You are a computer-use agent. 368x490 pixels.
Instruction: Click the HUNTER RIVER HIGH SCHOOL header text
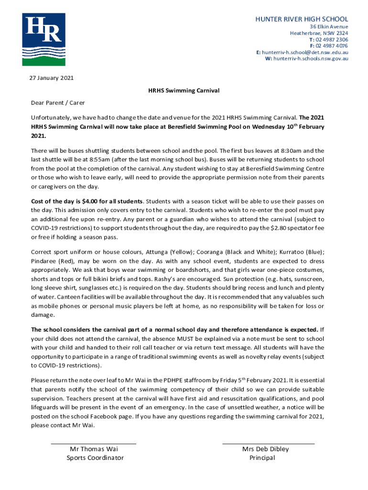[302, 19]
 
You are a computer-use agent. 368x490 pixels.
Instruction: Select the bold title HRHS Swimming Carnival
[184, 90]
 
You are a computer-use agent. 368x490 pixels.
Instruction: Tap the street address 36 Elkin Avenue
[329, 27]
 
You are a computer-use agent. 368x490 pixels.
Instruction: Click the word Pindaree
[44, 262]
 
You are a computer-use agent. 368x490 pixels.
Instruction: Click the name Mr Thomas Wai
[94, 449]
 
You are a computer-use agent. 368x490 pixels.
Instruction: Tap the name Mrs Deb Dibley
[265, 449]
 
